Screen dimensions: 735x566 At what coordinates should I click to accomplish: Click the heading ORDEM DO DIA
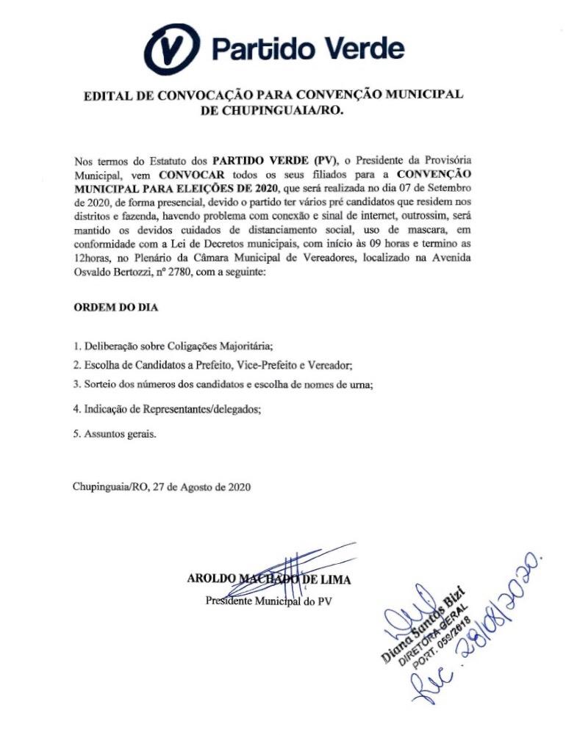click(x=116, y=307)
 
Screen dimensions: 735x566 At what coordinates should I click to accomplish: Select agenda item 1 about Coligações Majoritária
click(x=179, y=346)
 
